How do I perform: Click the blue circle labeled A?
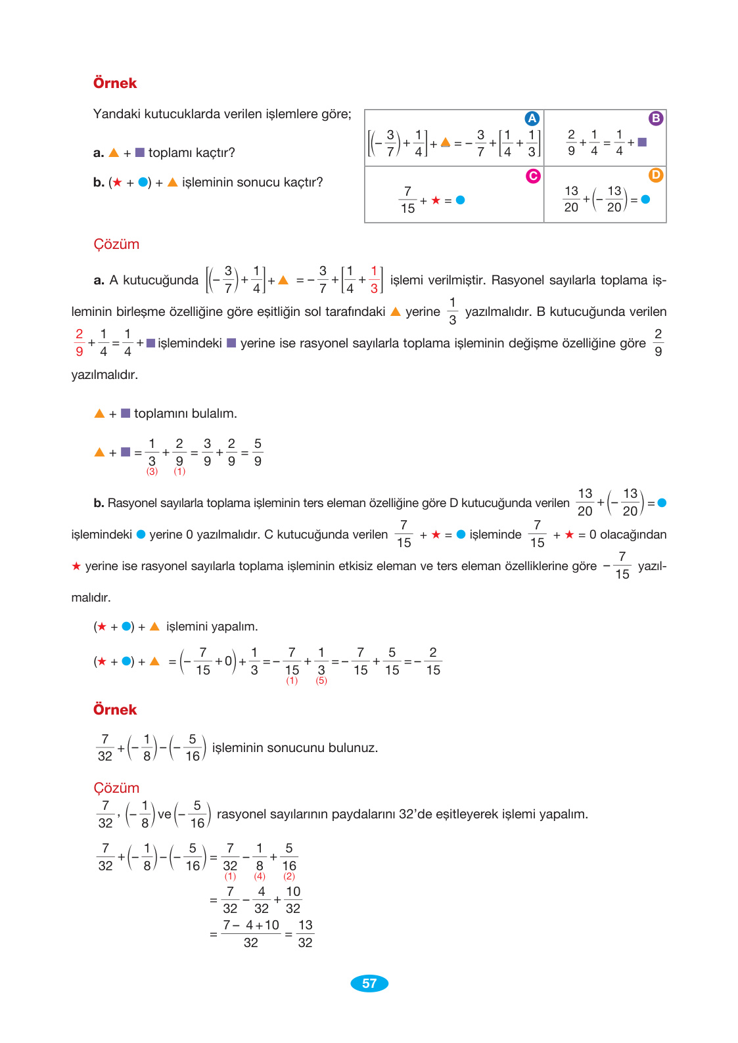[x=532, y=118]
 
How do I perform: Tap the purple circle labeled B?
[x=656, y=118]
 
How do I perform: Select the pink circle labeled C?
[x=533, y=175]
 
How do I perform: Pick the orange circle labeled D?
[x=656, y=175]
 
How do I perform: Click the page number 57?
[x=369, y=983]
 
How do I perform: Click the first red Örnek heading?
[x=115, y=83]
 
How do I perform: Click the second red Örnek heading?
[x=115, y=710]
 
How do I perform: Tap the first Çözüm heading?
[x=116, y=244]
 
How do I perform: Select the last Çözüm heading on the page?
[x=116, y=788]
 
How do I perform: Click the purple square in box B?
[x=642, y=142]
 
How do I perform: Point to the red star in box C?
[x=436, y=200]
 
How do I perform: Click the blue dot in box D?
[x=645, y=200]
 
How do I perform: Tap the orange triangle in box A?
[x=446, y=142]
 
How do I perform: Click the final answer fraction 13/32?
[x=305, y=934]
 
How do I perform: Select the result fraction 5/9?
[x=258, y=453]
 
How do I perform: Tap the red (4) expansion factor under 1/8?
[x=260, y=876]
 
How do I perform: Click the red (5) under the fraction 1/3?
[x=321, y=680]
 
